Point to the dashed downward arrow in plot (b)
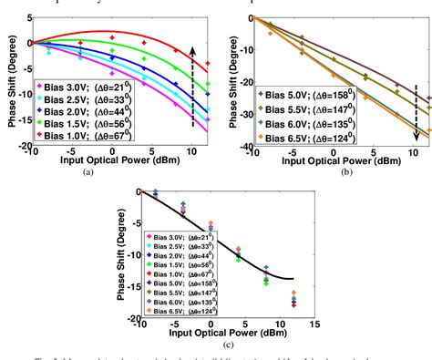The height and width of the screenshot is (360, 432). point(416,109)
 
